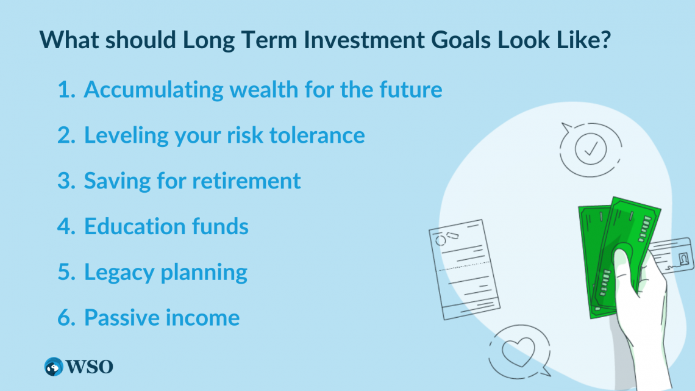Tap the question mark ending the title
(x=605, y=40)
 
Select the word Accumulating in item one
(x=154, y=90)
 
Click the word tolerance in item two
(x=318, y=135)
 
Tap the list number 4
(x=66, y=226)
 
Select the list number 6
(x=66, y=318)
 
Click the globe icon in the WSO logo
(x=54, y=367)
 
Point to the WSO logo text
(x=90, y=367)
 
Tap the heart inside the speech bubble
(x=519, y=351)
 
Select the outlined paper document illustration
(x=465, y=270)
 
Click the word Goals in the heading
(x=461, y=40)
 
